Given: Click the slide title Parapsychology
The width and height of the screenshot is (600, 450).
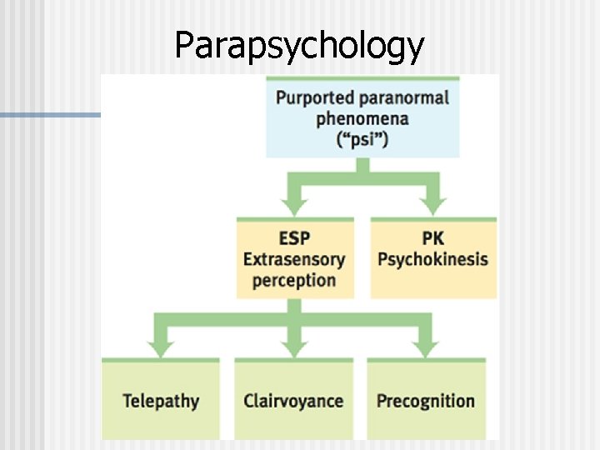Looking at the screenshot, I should pyautogui.click(x=299, y=46).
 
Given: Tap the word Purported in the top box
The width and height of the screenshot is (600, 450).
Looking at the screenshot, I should pyautogui.click(x=310, y=98).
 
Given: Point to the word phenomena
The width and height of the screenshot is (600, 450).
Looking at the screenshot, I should pyautogui.click(x=362, y=117).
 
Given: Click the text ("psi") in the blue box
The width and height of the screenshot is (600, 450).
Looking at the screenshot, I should pyautogui.click(x=362, y=138).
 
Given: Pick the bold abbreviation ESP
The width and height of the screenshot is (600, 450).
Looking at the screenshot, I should pyautogui.click(x=295, y=237).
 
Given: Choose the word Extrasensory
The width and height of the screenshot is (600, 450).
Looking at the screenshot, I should pyautogui.click(x=294, y=258).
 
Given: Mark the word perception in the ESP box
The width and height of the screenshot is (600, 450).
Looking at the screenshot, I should pyautogui.click(x=294, y=280).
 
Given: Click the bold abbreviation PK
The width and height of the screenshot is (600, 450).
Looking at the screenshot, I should pyautogui.click(x=432, y=237).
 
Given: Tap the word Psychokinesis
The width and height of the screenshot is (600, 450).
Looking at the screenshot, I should pyautogui.click(x=432, y=258).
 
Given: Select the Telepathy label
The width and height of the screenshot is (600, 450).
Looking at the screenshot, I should pyautogui.click(x=161, y=401).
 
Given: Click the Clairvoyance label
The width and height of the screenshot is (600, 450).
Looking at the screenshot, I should pyautogui.click(x=293, y=401).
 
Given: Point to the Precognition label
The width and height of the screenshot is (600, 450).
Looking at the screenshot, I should pyautogui.click(x=426, y=401).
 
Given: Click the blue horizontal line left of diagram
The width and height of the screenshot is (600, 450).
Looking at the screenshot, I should pyautogui.click(x=50, y=115).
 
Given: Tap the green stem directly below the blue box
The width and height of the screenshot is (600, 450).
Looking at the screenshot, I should pyautogui.click(x=362, y=167).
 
